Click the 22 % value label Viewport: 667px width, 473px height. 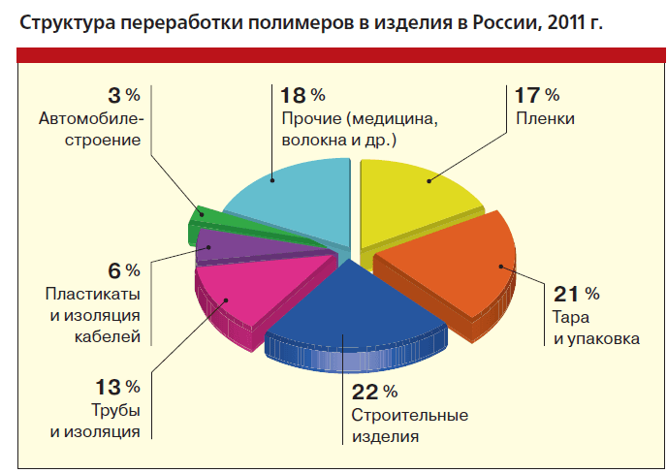[372, 393]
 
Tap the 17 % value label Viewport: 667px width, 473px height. [536, 95]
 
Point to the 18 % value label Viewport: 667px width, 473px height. [302, 95]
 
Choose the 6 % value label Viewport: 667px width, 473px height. [123, 269]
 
